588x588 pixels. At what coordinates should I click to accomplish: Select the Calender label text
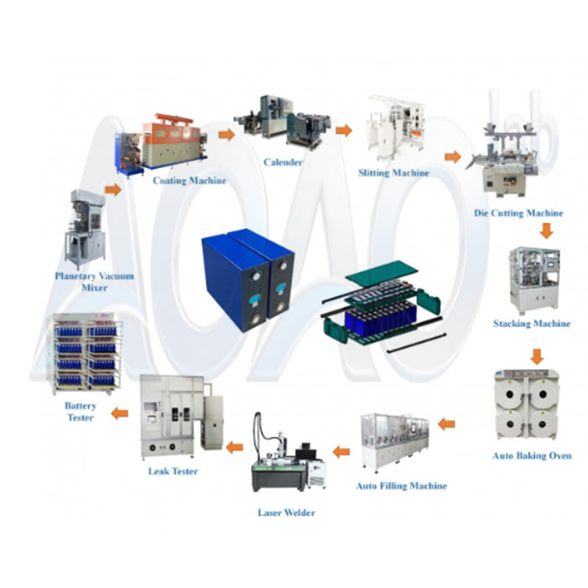[x=282, y=162]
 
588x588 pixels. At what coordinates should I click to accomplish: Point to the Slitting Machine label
[x=393, y=173]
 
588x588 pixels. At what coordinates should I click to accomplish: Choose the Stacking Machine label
[x=532, y=323]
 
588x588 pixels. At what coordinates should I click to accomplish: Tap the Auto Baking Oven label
[x=533, y=455]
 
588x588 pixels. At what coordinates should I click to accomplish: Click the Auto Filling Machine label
[x=402, y=486]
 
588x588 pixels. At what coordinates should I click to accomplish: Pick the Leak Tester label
[x=173, y=471]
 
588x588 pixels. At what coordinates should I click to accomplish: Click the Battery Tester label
[x=81, y=412]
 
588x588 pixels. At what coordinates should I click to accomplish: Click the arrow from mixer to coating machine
[x=113, y=190]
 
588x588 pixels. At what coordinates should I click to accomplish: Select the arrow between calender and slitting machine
[x=343, y=130]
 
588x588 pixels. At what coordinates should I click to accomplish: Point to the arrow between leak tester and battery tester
[x=121, y=412]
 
